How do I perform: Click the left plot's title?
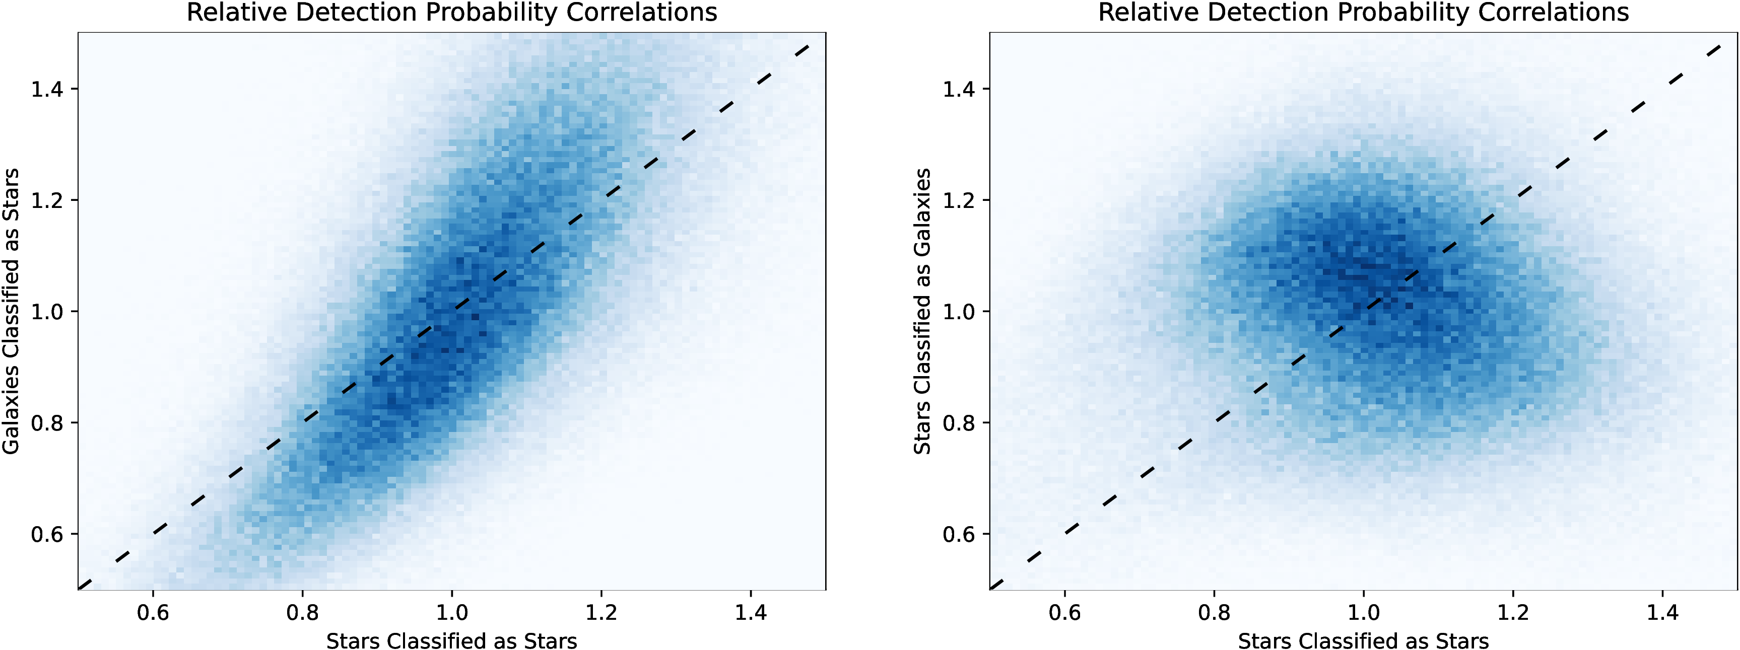(451, 12)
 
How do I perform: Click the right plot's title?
(1363, 12)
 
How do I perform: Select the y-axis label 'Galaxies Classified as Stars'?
(11, 311)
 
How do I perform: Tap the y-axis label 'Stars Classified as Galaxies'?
(923, 311)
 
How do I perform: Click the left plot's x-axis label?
(451, 640)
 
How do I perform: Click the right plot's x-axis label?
(1363, 640)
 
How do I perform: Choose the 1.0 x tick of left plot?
(452, 612)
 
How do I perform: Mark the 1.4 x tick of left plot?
(751, 612)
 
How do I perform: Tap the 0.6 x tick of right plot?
(1064, 612)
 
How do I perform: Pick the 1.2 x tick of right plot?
(1513, 612)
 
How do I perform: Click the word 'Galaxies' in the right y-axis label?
(923, 212)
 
